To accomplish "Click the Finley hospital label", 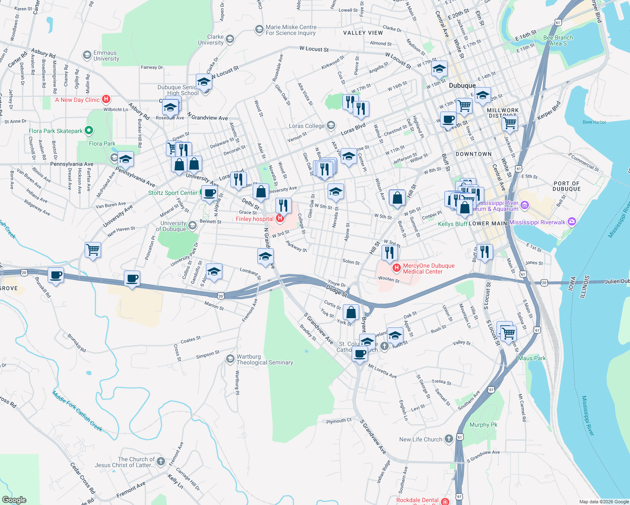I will coord(254,219).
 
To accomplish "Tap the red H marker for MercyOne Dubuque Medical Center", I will coord(396,268).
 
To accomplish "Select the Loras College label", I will coord(307,126).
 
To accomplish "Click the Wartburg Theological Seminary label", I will coord(264,359).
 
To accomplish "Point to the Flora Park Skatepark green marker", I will coord(89,130).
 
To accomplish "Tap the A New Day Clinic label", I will coord(77,100).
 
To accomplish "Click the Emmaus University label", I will coord(106,56).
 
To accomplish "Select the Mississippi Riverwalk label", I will coord(537,222).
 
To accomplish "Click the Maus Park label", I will coord(531,358).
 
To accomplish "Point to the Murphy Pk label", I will coord(483,425).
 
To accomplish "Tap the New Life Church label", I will coord(421,439).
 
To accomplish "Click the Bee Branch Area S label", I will coord(558,40).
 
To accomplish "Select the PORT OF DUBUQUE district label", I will coord(566,186).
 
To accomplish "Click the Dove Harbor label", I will coord(594,122).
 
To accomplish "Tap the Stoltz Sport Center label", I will coord(173,193).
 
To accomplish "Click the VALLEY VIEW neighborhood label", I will coord(363,33).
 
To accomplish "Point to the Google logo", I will coord(14,500).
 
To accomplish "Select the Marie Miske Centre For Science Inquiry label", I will coord(291,30).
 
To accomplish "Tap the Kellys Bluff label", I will coord(452,224).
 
